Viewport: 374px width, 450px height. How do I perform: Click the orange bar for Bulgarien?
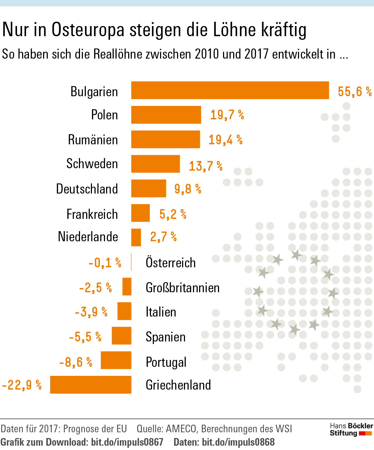click(230, 90)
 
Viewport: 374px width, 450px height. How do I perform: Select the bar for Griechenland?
click(91, 385)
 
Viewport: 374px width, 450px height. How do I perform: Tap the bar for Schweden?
click(155, 164)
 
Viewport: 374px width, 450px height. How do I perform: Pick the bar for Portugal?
click(116, 360)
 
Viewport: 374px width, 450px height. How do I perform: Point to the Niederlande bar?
click(136, 237)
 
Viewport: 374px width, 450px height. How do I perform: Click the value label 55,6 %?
click(354, 91)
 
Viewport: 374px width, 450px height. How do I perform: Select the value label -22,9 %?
click(22, 385)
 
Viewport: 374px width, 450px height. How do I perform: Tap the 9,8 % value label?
click(188, 189)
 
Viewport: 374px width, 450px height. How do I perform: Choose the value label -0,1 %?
click(105, 263)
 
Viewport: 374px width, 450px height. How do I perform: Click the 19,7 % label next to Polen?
click(227, 115)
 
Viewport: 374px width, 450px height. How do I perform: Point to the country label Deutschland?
click(87, 189)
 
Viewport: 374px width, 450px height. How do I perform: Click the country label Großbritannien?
click(182, 288)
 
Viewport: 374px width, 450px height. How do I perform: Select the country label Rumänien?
click(93, 140)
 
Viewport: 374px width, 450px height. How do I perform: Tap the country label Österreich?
click(171, 262)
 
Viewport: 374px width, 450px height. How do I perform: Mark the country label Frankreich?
click(92, 214)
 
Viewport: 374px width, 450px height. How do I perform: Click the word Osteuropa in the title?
click(88, 30)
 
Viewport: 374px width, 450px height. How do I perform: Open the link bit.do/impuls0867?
click(127, 442)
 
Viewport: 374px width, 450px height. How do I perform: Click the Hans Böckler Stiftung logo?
click(351, 429)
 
